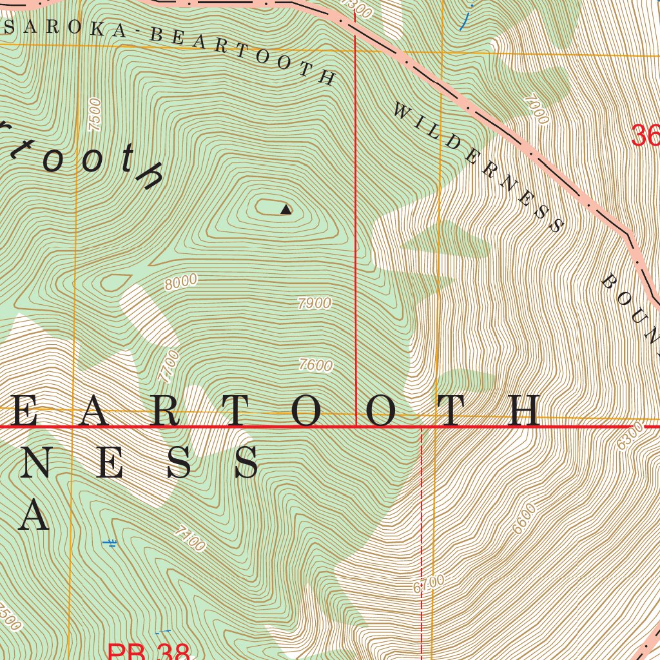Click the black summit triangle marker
(286, 209)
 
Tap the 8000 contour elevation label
(180, 282)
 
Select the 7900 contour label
(315, 303)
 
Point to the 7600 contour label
(316, 365)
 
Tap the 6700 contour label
(429, 584)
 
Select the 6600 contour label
(525, 519)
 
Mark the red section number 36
(645, 136)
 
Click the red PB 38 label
(148, 652)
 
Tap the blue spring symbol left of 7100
(110, 543)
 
